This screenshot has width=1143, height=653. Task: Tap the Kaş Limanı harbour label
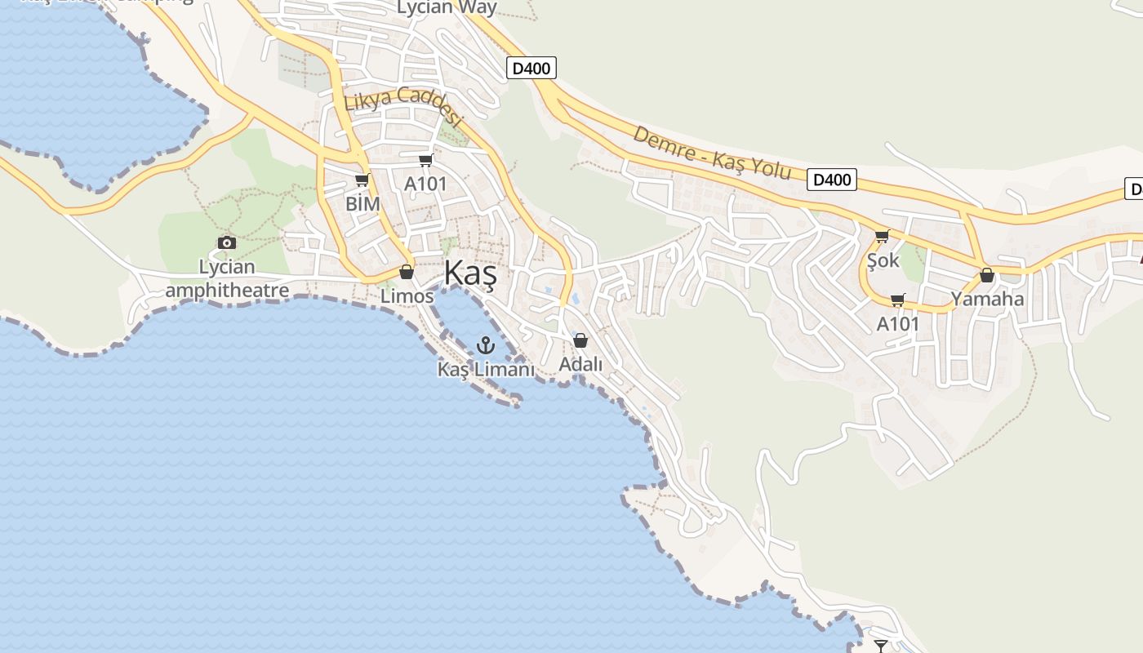486,370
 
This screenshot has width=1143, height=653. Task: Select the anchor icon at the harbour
486,345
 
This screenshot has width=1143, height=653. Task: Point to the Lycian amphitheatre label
227,278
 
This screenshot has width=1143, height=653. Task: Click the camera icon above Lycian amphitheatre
227,242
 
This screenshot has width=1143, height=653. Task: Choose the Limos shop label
407,296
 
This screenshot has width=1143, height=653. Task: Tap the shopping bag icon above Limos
407,272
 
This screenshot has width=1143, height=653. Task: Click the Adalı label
580,364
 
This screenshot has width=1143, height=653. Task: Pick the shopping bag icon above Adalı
580,340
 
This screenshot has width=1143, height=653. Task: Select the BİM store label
362,204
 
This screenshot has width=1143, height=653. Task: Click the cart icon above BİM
362,180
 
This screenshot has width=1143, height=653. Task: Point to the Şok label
883,260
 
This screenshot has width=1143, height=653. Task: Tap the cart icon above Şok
882,237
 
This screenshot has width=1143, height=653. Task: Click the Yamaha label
987,299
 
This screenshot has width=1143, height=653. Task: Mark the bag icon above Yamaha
987,275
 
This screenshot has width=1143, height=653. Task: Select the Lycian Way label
447,8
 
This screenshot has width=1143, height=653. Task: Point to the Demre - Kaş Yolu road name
712,153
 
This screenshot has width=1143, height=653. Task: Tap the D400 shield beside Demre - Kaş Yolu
832,180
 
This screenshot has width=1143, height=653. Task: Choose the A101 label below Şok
898,324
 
